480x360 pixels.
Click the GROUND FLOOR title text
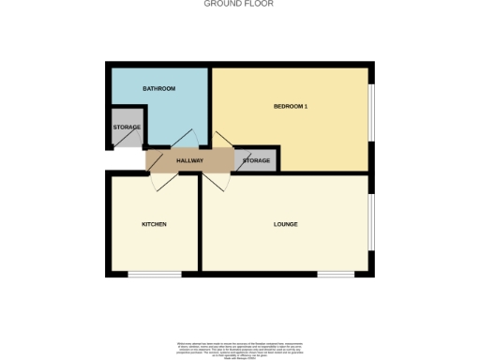click(x=239, y=4)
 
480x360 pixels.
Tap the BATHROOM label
click(x=158, y=88)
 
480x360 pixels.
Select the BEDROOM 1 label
click(x=291, y=106)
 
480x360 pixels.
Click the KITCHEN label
click(x=154, y=224)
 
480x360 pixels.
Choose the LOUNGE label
click(x=285, y=224)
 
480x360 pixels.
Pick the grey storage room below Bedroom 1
click(x=257, y=160)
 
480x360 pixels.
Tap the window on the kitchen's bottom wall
click(x=155, y=274)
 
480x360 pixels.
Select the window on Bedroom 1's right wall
click(x=371, y=112)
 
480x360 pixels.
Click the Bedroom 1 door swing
click(x=223, y=141)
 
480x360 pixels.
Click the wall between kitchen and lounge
click(x=200, y=225)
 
